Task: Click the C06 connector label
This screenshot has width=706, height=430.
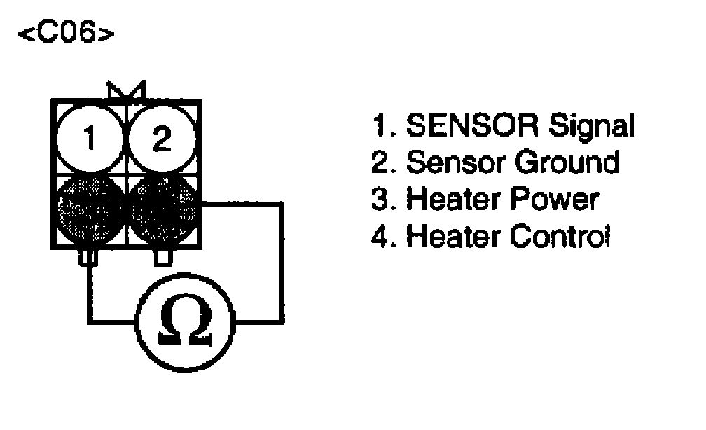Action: point(63,35)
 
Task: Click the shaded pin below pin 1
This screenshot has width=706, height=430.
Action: point(89,207)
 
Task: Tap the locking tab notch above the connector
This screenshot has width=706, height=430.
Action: point(125,90)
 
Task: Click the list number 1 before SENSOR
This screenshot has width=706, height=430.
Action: point(382,127)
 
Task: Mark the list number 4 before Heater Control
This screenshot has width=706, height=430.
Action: point(382,236)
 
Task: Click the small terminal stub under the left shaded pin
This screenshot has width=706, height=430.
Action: point(89,258)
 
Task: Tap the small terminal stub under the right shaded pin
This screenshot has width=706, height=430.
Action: point(162,258)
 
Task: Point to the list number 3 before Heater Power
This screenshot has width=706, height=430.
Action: point(382,200)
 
